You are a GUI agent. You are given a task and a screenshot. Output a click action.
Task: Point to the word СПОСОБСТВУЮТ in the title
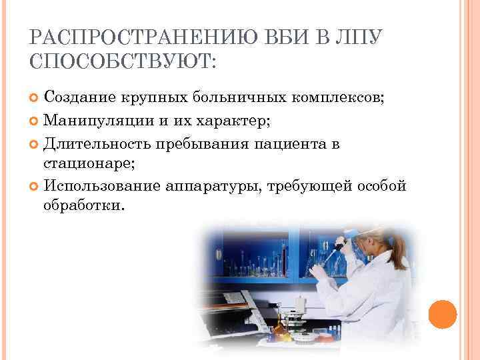pyautogui.click(x=121, y=63)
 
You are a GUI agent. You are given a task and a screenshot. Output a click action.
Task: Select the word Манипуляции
pyautogui.click(x=92, y=122)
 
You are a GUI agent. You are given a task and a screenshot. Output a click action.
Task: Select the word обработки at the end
pyautogui.click(x=83, y=207)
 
